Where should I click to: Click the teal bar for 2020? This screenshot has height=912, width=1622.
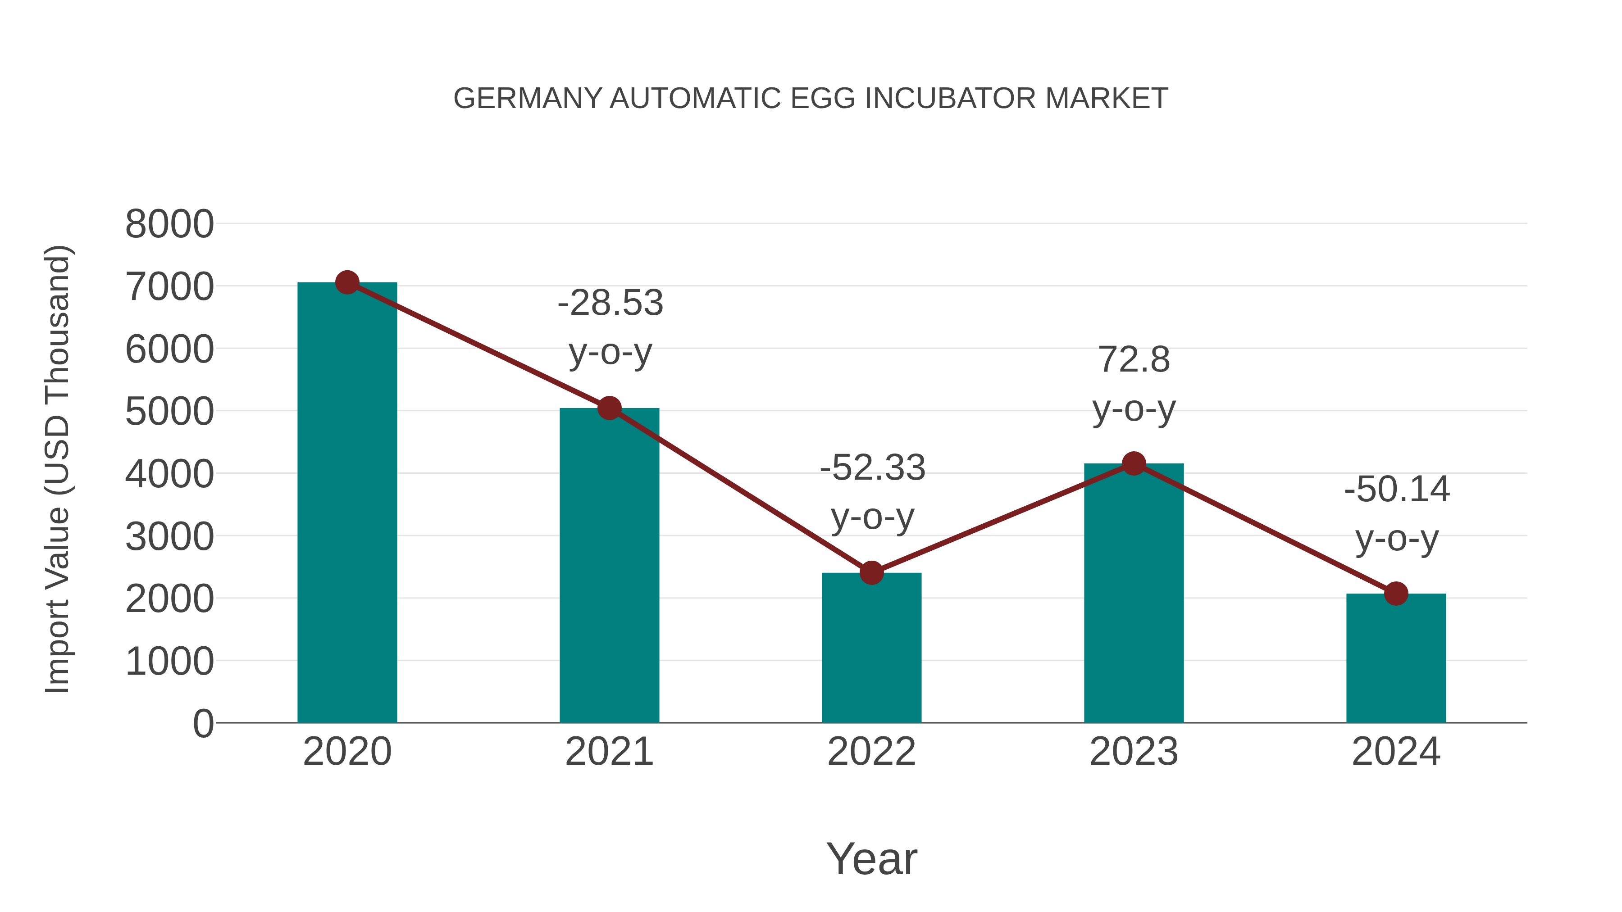click(x=347, y=504)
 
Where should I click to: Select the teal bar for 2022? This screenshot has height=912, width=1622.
click(x=871, y=648)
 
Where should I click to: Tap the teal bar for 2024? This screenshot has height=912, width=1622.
click(x=1396, y=658)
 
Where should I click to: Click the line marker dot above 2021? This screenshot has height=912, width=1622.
click(x=609, y=408)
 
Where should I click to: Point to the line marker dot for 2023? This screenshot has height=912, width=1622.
click(x=1134, y=464)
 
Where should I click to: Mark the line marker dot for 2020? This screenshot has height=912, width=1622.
click(x=347, y=282)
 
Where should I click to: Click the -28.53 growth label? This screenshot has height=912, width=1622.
click(x=610, y=304)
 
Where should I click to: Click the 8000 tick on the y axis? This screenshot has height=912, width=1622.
click(x=169, y=224)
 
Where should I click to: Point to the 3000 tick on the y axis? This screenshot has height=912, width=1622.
click(x=169, y=537)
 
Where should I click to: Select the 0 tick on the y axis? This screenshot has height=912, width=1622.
click(x=203, y=724)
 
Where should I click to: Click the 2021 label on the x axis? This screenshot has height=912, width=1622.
click(x=609, y=752)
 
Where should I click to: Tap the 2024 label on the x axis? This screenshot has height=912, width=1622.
click(x=1396, y=752)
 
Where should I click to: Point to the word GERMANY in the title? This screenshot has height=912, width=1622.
click(x=527, y=99)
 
